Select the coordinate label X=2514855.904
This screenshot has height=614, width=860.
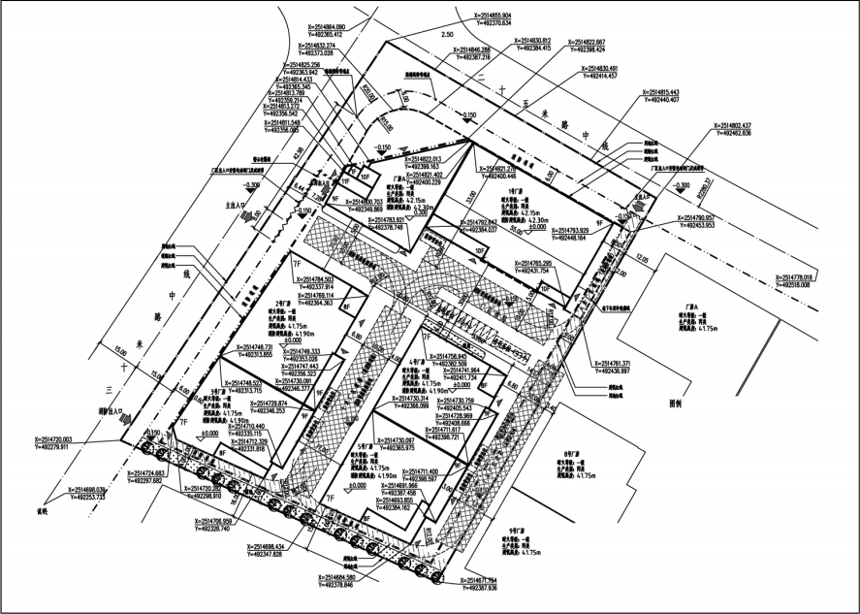point(499,16)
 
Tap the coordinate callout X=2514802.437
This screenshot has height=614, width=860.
point(741,125)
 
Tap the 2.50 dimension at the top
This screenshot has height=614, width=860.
point(447,35)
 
